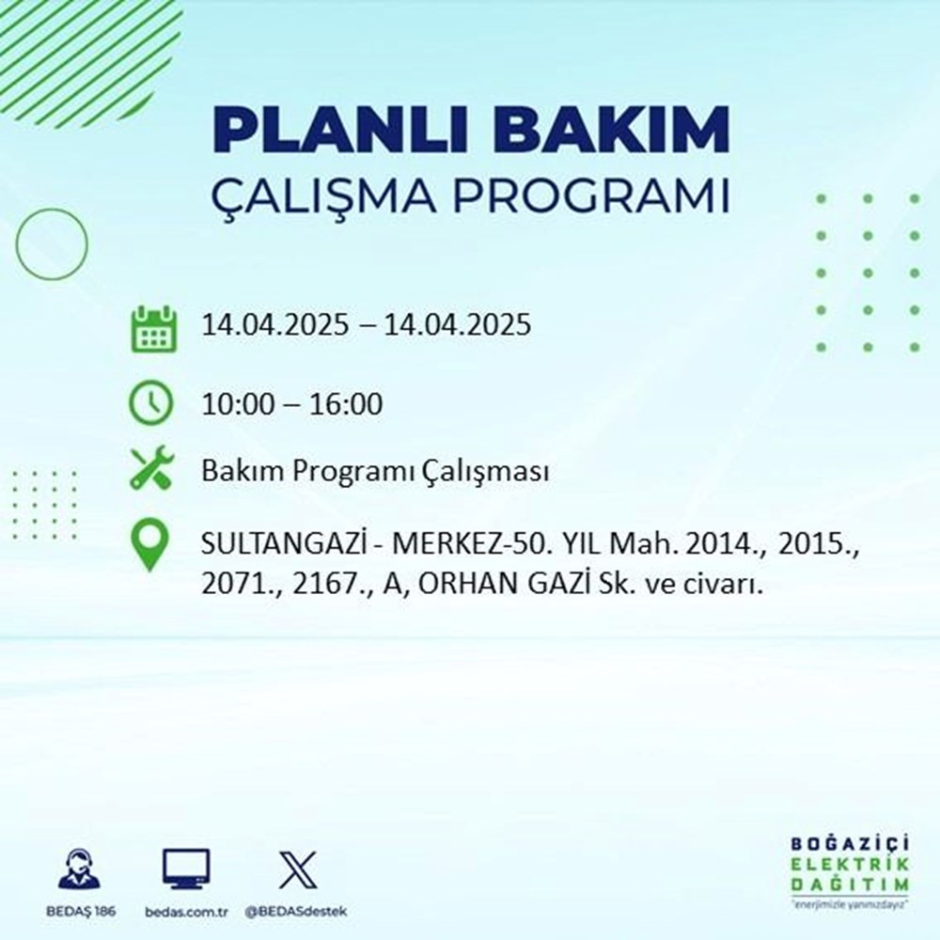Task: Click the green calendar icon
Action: pos(151,328)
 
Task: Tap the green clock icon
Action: pos(151,404)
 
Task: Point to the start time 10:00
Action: pos(239,405)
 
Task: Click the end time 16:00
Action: pos(345,405)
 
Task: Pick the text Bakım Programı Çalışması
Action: pos(375,473)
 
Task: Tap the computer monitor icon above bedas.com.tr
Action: pos(186,869)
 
